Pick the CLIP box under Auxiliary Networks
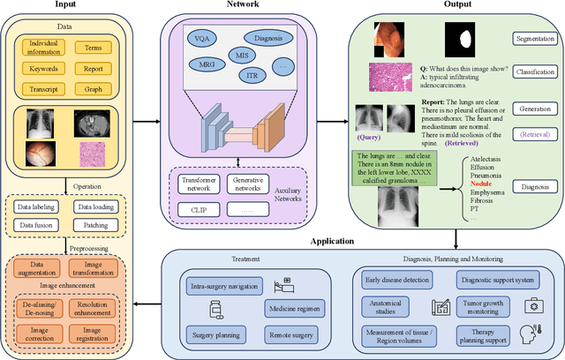point(198,209)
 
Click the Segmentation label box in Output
point(535,40)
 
